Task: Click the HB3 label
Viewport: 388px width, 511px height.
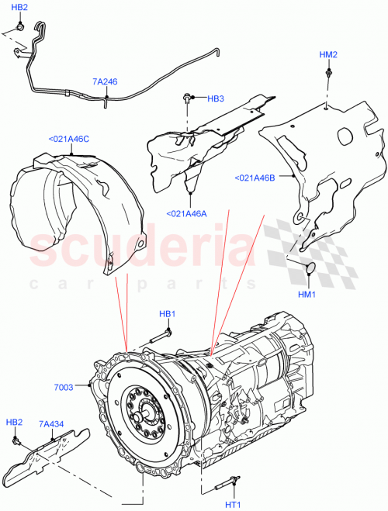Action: pos(216,99)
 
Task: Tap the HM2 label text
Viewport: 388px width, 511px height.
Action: pos(329,55)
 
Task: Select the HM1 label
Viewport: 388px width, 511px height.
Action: pos(309,295)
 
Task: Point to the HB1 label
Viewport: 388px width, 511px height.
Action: pos(167,314)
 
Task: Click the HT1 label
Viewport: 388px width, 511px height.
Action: pos(232,505)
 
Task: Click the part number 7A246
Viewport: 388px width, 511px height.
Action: pos(105,81)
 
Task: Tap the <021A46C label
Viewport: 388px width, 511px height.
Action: pos(68,140)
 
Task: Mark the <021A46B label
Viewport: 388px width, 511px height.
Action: pos(255,178)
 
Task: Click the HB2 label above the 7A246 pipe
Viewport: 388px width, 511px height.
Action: pos(21,7)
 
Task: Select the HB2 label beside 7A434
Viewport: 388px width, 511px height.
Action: pos(14,423)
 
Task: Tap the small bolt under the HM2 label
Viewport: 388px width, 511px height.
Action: pos(329,74)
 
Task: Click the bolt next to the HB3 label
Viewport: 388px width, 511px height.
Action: pos(189,98)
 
